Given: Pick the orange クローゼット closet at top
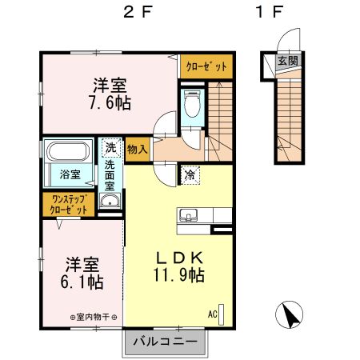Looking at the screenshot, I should pyautogui.click(x=206, y=66).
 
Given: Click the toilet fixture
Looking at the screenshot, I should pyautogui.click(x=192, y=105).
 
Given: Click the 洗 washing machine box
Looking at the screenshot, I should pyautogui.click(x=110, y=148).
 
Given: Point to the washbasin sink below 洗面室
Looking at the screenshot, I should pyautogui.click(x=110, y=202).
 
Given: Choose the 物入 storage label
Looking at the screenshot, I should pyautogui.click(x=137, y=148).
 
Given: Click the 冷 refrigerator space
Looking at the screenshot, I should pyautogui.click(x=191, y=173).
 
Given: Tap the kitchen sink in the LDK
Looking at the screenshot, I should pyautogui.click(x=190, y=214).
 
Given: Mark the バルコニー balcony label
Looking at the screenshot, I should pyautogui.click(x=170, y=342).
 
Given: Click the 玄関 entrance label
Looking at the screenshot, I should pyautogui.click(x=285, y=61).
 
